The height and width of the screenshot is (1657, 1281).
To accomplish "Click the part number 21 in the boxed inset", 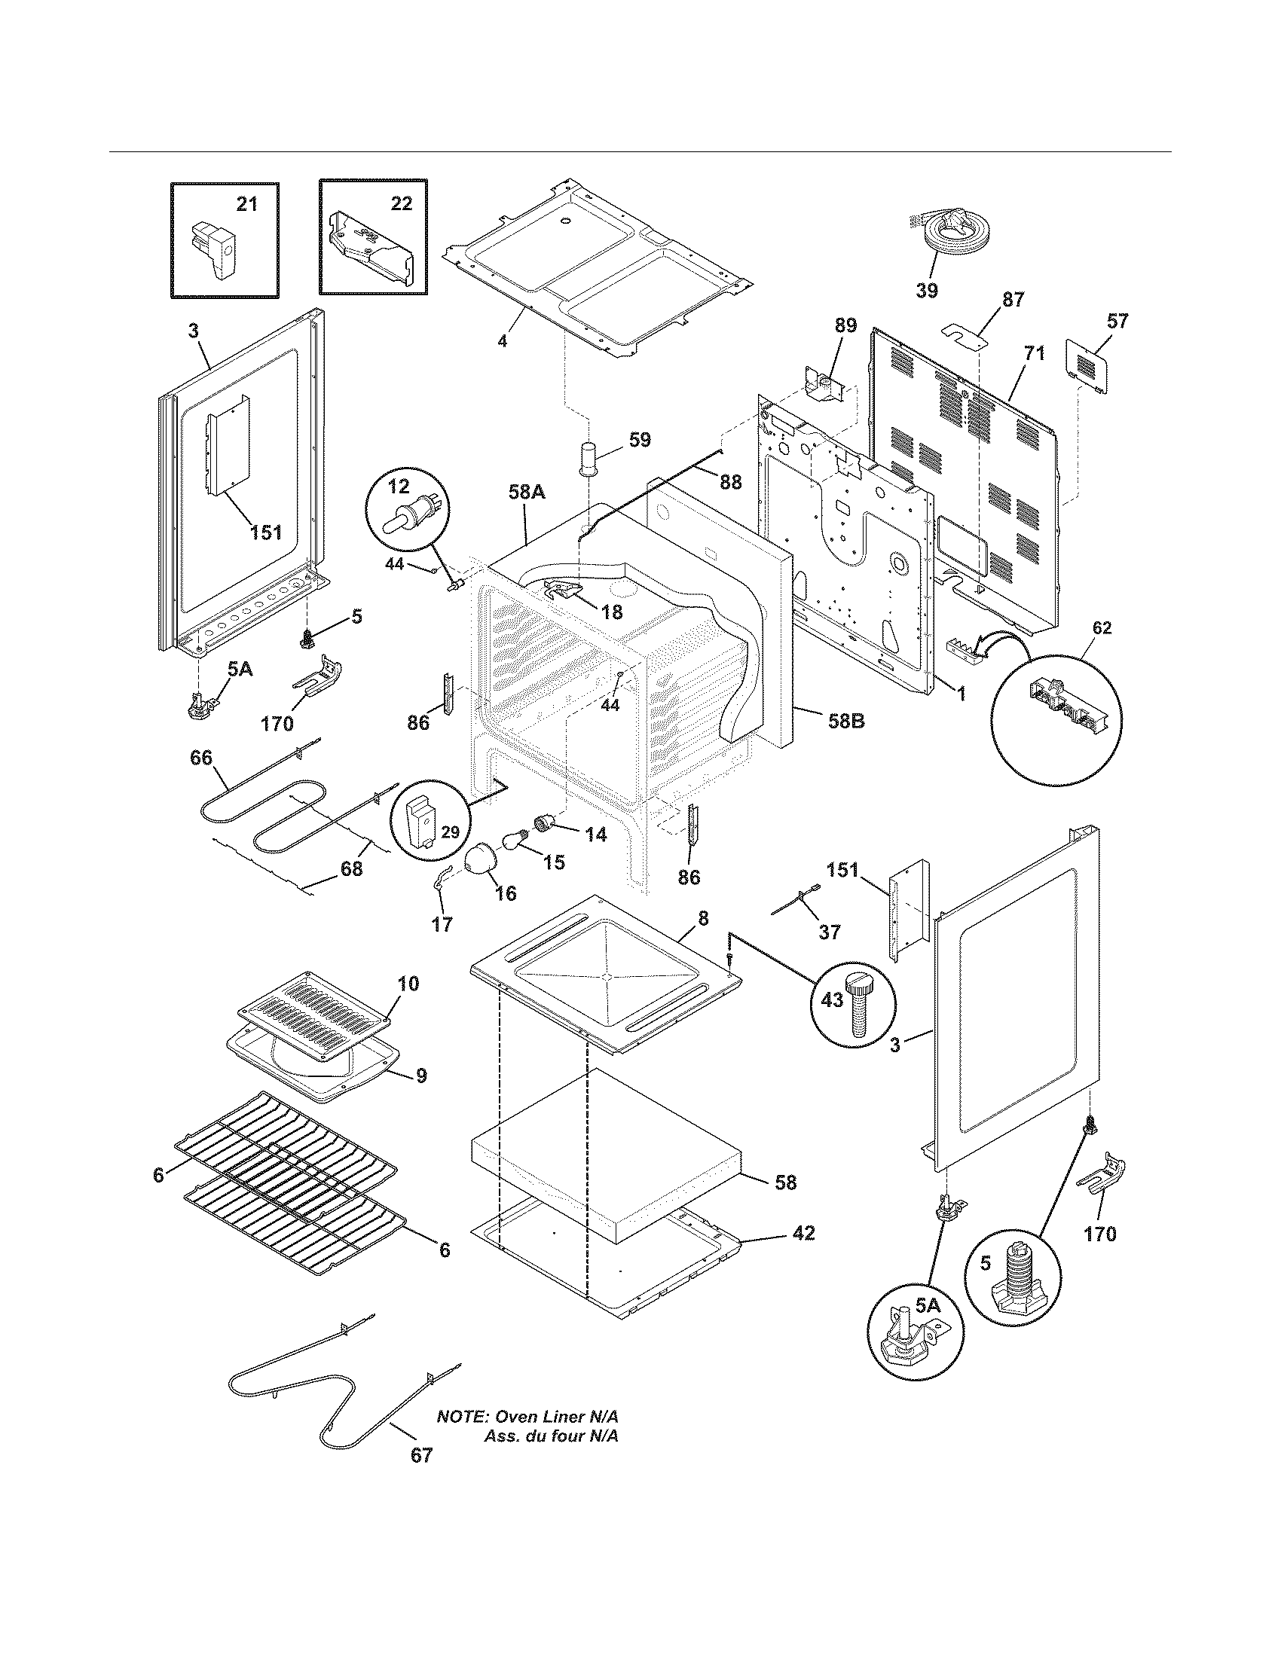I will [246, 204].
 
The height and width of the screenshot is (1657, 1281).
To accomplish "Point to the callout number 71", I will [1035, 353].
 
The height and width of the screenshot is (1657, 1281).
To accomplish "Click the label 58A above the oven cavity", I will [526, 493].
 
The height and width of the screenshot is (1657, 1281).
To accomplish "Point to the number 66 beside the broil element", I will [201, 758].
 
